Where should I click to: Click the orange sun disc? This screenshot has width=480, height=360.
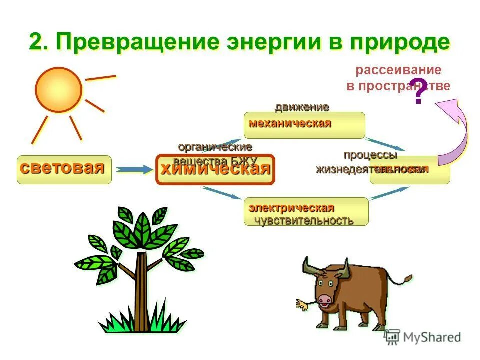[58, 90]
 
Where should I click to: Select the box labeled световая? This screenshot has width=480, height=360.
[64, 169]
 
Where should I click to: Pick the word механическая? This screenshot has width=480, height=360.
[290, 124]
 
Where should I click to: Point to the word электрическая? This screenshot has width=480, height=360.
[292, 208]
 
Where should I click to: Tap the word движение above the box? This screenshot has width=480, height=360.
[302, 107]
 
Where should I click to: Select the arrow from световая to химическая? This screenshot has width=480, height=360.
[134, 170]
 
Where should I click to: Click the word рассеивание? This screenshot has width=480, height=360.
[398, 70]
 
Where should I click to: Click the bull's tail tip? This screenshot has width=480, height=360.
[408, 278]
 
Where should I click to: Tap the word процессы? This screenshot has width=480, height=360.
[370, 155]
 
